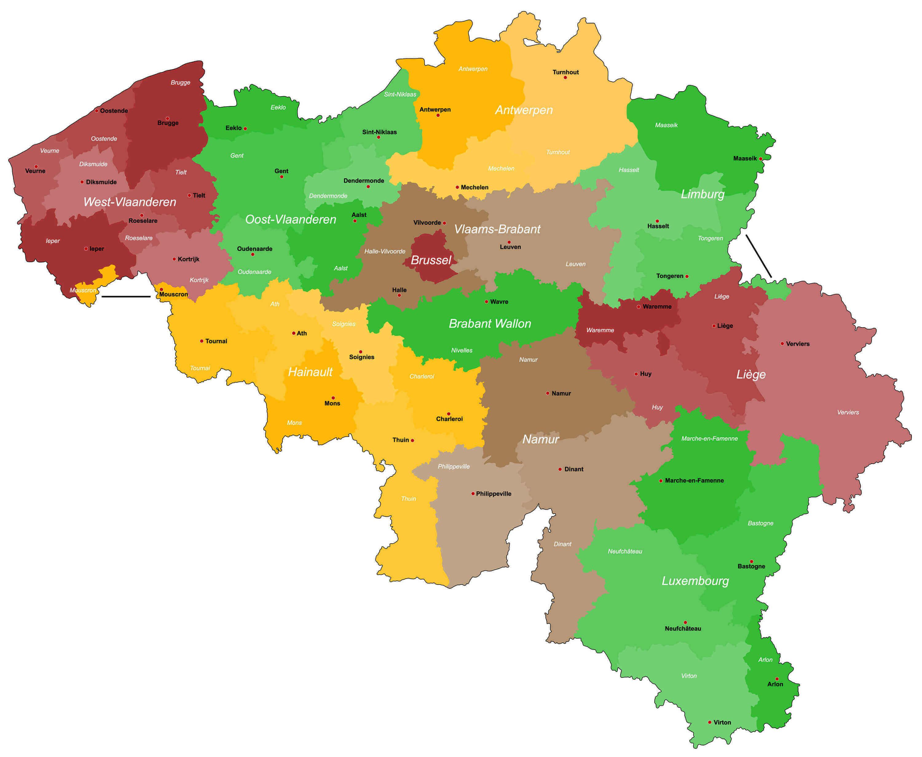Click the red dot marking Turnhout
(x=565, y=78)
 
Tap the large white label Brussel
(x=431, y=260)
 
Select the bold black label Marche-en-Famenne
(x=694, y=480)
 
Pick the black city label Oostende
(x=114, y=111)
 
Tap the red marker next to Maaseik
(x=761, y=159)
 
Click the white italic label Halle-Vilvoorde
(x=385, y=251)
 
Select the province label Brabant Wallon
(x=490, y=324)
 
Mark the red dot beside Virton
(x=710, y=722)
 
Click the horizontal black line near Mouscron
(x=126, y=296)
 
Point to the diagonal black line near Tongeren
(x=758, y=256)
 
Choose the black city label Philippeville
(x=493, y=494)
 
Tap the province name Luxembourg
(x=695, y=581)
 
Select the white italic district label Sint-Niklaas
(x=400, y=94)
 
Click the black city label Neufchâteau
(x=683, y=628)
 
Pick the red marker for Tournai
(x=202, y=341)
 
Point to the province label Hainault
(x=310, y=372)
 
